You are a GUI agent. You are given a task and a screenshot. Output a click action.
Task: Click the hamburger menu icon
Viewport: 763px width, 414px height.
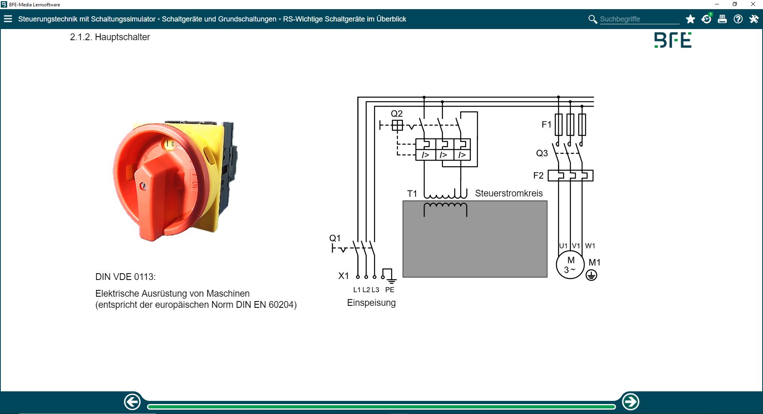point(8,19)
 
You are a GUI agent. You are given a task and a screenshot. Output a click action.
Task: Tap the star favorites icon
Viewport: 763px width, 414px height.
point(690,19)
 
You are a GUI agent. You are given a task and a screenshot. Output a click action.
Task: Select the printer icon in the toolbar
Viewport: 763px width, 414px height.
point(722,19)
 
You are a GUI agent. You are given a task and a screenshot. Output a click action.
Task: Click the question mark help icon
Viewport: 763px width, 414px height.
point(738,19)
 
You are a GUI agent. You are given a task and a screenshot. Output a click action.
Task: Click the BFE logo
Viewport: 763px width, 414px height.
point(673,40)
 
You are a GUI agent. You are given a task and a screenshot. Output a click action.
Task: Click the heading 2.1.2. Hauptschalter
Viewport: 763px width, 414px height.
point(110,37)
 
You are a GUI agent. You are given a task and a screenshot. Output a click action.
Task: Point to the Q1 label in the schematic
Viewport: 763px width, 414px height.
point(335,238)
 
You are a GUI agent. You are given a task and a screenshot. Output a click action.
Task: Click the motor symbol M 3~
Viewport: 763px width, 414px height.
point(570,265)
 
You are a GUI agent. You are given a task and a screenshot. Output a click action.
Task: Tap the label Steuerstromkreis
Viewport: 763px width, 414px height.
point(509,193)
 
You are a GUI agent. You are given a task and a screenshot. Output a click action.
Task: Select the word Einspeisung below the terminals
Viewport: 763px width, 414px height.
point(371,303)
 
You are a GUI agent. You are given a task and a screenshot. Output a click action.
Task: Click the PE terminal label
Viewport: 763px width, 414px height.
point(389,290)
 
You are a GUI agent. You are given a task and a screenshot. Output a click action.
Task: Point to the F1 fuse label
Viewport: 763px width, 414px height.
point(546,124)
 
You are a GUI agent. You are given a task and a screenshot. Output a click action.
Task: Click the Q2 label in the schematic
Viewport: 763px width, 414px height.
point(397,114)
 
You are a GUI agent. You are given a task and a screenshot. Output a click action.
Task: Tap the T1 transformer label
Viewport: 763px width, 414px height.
point(412,194)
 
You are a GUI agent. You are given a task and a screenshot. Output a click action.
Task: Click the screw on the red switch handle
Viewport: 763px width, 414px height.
point(143,186)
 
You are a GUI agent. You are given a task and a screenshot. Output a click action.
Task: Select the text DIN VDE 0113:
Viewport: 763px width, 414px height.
point(126,277)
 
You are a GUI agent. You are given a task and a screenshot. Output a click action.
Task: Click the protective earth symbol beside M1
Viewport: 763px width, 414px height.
point(591,275)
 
